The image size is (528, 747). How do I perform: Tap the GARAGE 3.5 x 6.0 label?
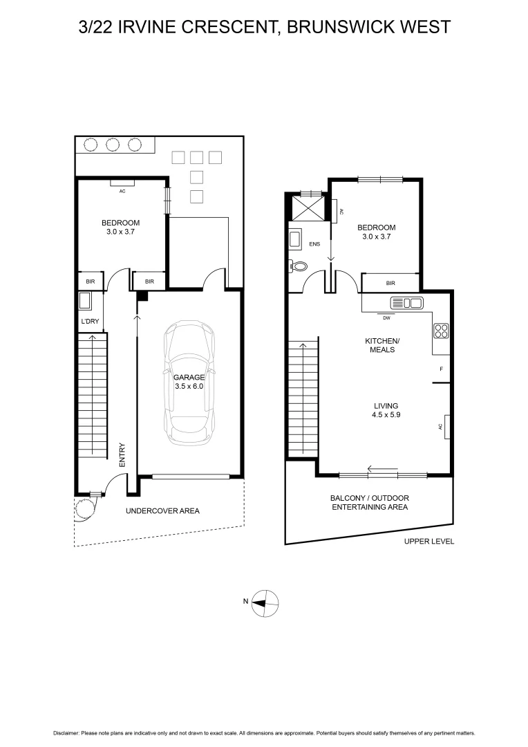tap(189, 382)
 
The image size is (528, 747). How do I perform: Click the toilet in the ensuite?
tap(299, 266)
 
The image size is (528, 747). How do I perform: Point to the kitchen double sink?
tap(406, 303)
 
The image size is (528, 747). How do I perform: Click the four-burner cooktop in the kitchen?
tap(441, 331)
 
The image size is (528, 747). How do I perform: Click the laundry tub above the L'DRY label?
tap(86, 302)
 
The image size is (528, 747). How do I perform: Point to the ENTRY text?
tap(122, 455)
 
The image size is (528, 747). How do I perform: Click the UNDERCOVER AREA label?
tap(162, 511)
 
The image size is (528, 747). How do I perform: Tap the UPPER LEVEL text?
tap(429, 542)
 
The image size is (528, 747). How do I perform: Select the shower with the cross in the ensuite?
tap(310, 206)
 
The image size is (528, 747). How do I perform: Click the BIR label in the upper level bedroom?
tap(390, 283)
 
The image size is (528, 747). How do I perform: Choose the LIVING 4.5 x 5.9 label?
tap(386, 411)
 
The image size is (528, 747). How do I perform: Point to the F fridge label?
tap(441, 369)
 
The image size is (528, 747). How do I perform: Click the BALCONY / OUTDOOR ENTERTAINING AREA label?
tap(369, 502)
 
